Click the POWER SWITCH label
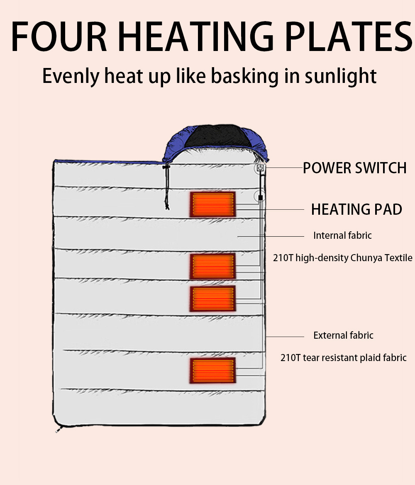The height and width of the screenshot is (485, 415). (x=354, y=168)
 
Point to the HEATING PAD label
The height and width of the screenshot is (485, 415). (x=356, y=210)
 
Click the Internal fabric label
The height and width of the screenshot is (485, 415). (x=342, y=235)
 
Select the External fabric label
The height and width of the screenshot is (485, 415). (x=343, y=335)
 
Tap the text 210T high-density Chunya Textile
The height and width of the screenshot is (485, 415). (x=342, y=258)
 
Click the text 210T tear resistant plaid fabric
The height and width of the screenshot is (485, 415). (x=343, y=358)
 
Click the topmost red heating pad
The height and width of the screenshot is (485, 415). (x=213, y=204)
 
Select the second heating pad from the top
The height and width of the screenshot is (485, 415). (x=213, y=266)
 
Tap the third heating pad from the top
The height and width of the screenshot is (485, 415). (x=213, y=298)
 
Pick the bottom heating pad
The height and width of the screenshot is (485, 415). (x=213, y=370)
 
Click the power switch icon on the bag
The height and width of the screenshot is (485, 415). (x=260, y=168)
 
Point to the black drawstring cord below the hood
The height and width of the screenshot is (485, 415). (x=166, y=187)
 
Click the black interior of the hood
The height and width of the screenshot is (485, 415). (x=212, y=136)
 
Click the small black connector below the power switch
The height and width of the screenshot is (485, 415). (x=260, y=197)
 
